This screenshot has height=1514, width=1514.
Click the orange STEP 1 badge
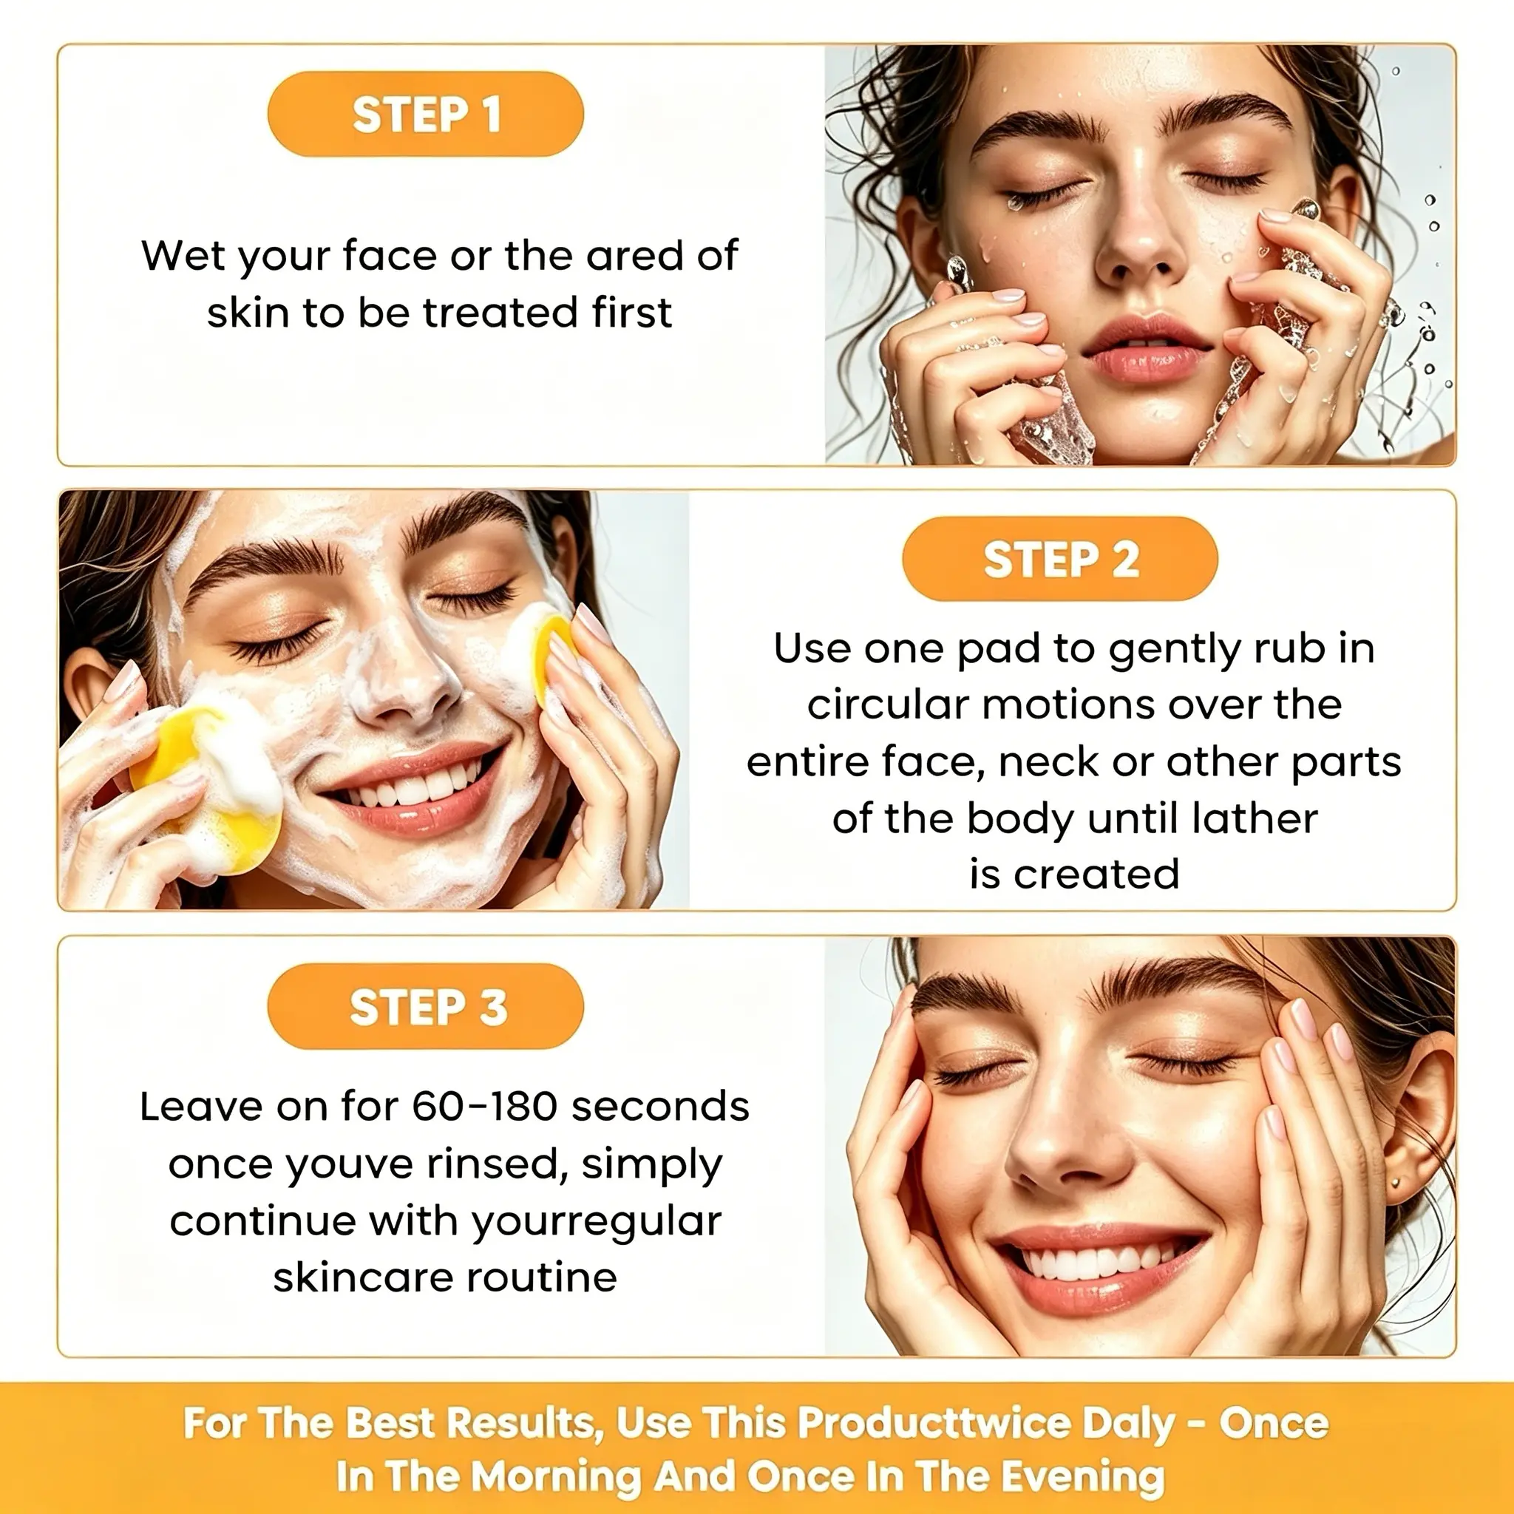426,115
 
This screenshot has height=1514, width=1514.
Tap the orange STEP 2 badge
1060,560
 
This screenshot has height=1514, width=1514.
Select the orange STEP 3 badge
426,1006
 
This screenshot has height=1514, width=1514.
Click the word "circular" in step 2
888,705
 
